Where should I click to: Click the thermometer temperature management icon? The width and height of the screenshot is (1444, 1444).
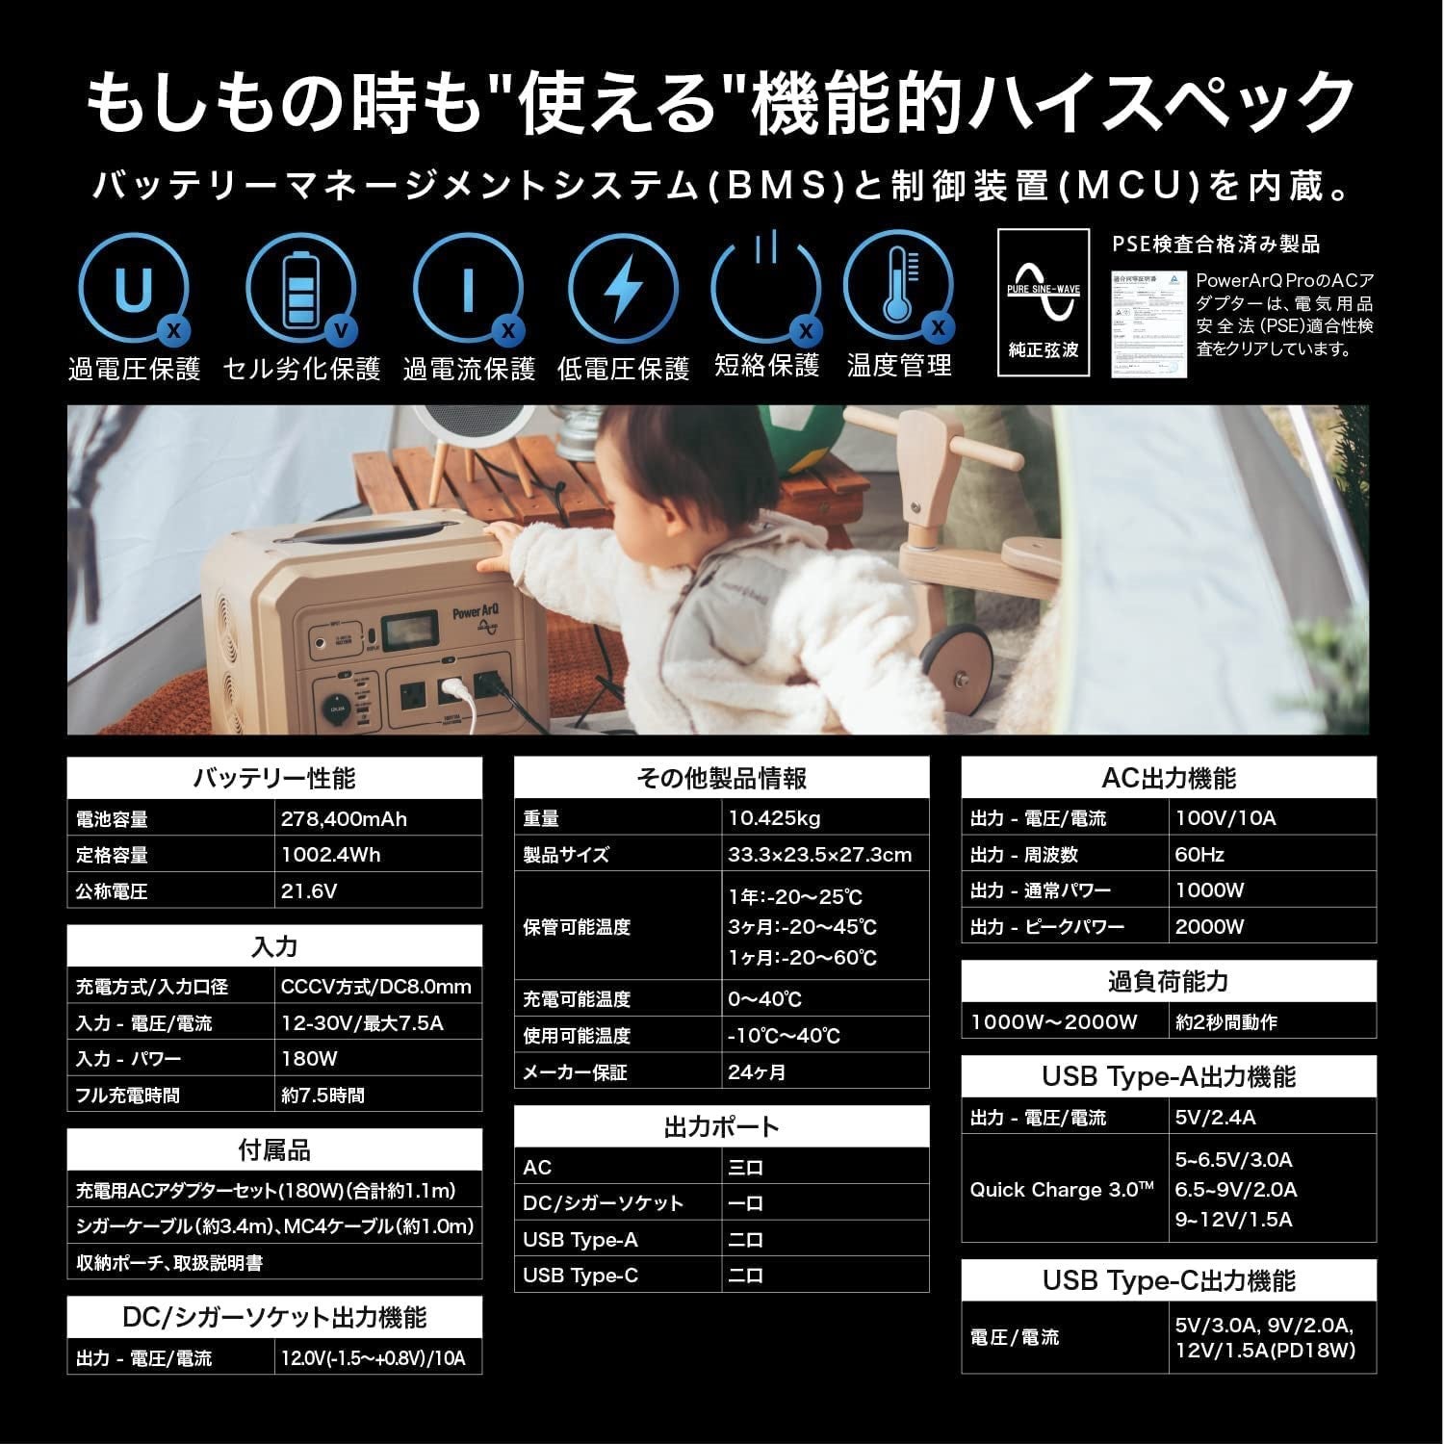(x=898, y=287)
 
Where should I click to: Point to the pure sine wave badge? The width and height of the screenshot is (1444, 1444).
(x=1044, y=302)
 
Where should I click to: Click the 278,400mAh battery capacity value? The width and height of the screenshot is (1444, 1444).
(x=344, y=819)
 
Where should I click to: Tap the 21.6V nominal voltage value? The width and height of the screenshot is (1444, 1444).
(x=309, y=891)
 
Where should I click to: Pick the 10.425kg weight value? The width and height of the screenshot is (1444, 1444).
(x=774, y=818)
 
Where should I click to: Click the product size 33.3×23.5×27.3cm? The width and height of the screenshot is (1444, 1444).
(x=819, y=855)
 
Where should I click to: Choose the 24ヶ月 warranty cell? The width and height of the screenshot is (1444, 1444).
(x=757, y=1071)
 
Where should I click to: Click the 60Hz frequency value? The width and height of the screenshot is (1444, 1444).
(x=1199, y=854)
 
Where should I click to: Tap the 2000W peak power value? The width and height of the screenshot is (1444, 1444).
(x=1210, y=927)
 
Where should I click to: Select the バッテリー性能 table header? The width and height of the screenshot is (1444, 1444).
(x=274, y=778)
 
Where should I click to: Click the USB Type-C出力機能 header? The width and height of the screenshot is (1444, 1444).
(x=1169, y=1280)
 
